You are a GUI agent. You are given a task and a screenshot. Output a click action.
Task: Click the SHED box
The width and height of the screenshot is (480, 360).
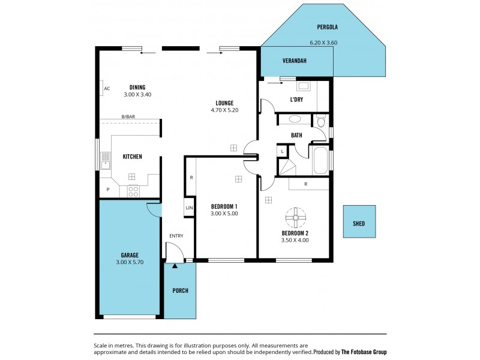click(359, 223)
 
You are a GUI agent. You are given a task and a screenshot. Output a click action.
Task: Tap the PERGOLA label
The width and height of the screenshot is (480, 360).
click(328, 27)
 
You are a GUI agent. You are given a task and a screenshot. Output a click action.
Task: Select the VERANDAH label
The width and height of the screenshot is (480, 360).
click(295, 61)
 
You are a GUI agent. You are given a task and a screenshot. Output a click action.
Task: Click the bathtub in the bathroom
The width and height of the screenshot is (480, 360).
click(320, 160)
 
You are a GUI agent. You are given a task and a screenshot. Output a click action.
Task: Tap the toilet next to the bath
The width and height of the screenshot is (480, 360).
click(320, 122)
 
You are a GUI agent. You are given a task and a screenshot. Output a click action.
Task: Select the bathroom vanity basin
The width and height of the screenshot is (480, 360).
click(295, 119)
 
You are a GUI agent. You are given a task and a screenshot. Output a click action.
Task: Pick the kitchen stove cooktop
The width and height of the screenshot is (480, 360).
click(133, 192)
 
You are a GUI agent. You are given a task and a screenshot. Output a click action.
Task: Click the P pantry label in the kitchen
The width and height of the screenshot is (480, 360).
click(108, 190)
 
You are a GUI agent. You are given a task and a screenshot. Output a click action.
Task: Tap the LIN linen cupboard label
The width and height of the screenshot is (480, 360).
click(189, 208)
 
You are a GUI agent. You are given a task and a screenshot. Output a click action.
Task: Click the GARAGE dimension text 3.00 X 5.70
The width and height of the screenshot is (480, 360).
click(130, 262)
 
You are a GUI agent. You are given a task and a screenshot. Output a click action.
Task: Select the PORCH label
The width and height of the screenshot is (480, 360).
click(180, 290)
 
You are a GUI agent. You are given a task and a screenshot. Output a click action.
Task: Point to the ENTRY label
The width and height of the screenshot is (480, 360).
click(176, 236)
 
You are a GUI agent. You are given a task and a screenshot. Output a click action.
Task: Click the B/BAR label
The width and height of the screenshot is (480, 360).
click(128, 117)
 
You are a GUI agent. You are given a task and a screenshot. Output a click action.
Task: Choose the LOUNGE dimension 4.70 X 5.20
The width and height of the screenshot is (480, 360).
click(225, 110)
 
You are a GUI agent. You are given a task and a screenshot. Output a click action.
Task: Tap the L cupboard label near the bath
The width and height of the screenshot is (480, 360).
click(281, 151)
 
